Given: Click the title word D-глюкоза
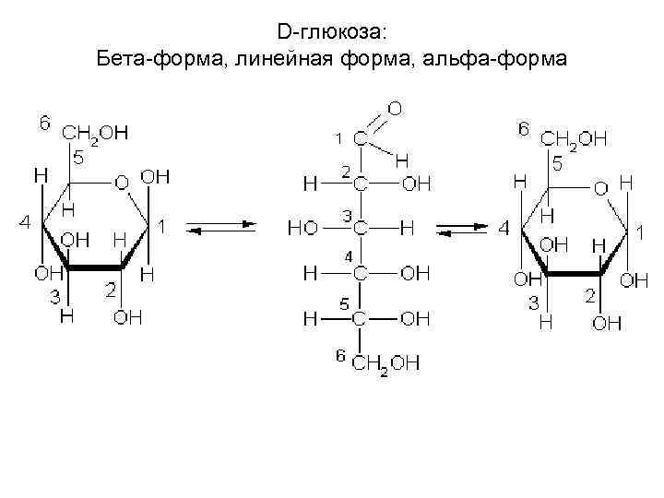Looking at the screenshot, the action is (x=333, y=32).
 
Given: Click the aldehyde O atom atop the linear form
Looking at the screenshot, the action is (x=394, y=109).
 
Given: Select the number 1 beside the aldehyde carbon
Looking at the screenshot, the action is (x=338, y=137).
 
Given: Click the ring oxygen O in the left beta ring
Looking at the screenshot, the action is (x=121, y=183).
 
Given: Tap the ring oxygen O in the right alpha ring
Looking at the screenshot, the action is (x=600, y=189).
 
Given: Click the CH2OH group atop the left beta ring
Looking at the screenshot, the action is (x=95, y=135).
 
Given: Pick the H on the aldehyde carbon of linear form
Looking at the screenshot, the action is (x=402, y=160).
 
